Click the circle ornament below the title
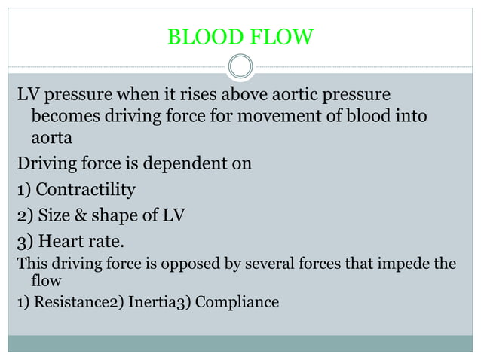240,68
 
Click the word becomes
64,117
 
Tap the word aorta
52,139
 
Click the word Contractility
85,188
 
